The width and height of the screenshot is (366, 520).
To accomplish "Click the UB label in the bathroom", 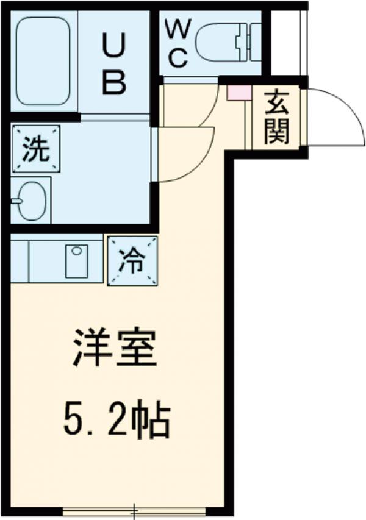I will [x=114, y=64].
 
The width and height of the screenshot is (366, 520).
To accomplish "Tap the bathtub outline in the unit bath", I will [x=43, y=61].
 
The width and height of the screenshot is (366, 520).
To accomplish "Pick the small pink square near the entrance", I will [x=235, y=93].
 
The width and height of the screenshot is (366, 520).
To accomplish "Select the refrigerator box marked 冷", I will [x=132, y=261].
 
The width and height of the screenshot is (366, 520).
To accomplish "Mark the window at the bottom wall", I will [x=134, y=511].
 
